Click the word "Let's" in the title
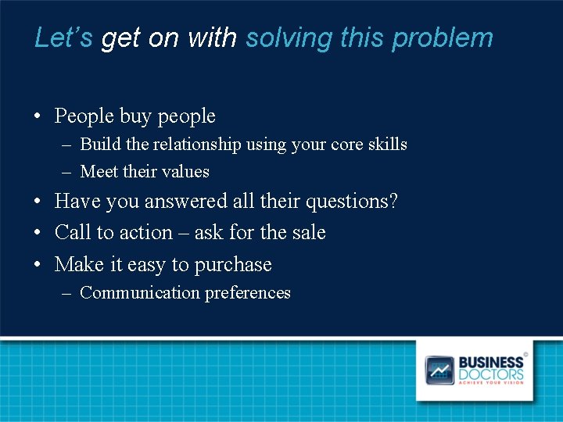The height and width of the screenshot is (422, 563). click(64, 38)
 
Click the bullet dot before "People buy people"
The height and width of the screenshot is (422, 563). click(38, 117)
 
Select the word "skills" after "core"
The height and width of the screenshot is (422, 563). click(388, 145)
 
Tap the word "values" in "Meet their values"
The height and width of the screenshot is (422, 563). click(186, 171)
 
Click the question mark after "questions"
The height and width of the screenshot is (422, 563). click(393, 202)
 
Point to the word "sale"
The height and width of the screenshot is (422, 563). click(309, 233)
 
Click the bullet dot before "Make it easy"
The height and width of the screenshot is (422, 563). click(38, 266)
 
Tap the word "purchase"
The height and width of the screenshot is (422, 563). click(233, 266)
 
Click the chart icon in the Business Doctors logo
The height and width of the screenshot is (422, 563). click(439, 370)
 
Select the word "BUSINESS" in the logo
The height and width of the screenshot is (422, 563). click(490, 363)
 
